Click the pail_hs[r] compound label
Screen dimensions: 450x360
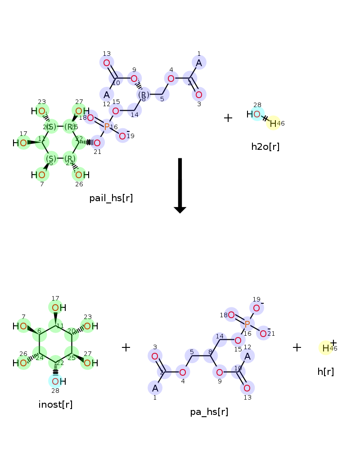(x=111, y=198)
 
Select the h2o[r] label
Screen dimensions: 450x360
(x=265, y=146)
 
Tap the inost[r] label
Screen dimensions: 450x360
(x=55, y=405)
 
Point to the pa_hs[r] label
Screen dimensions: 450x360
(x=209, y=412)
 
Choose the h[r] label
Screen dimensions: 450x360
(x=325, y=371)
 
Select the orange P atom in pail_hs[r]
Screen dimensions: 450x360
(x=107, y=127)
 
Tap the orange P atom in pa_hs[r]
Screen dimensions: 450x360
(x=247, y=324)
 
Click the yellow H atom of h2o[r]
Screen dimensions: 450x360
(x=273, y=123)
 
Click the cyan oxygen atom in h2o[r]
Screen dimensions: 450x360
(x=256, y=114)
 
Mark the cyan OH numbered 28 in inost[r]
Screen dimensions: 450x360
(x=55, y=381)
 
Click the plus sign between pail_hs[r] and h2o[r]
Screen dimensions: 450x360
(x=228, y=118)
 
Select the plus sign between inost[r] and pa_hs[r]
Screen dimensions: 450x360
(x=126, y=347)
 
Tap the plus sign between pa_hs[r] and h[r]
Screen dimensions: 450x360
(x=297, y=347)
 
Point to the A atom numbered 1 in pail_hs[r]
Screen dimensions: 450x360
(x=199, y=63)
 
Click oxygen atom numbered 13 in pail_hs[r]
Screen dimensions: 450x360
(x=107, y=63)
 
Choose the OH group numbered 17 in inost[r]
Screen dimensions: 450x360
(x=55, y=308)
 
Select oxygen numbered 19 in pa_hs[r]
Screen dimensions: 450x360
(x=256, y=308)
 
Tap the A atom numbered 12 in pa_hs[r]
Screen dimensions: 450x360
(x=247, y=356)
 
